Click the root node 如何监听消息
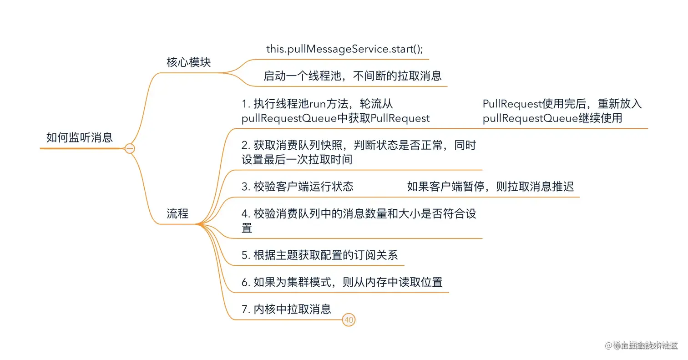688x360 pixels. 80,137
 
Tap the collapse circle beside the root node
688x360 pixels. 130,148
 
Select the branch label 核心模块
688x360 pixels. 188,62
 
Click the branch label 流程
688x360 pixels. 177,213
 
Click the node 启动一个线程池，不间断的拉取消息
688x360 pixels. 352,76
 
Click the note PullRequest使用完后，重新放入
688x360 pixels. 562,104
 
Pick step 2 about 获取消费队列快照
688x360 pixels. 359,145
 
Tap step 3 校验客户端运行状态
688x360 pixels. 298,187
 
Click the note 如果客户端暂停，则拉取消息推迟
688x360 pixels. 490,187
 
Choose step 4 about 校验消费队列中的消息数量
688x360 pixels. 359,214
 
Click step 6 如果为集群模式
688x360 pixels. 342,282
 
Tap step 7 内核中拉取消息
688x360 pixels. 286,309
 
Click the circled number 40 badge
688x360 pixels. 349,320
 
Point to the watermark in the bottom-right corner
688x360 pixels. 641,345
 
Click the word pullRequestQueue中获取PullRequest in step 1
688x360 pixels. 335,118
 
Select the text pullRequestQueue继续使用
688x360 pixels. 552,118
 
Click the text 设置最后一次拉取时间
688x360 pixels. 297,160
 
